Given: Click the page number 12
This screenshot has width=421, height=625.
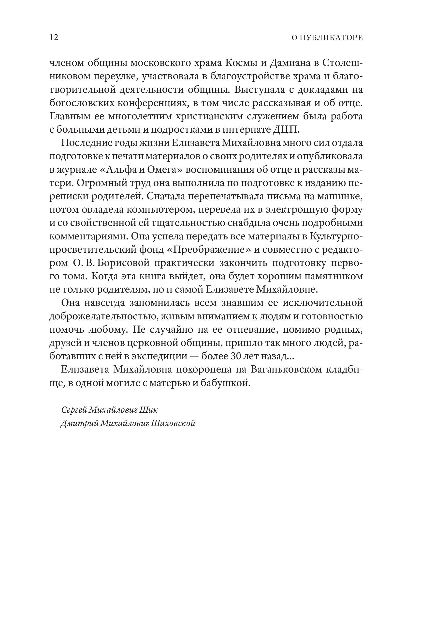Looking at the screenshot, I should pos(54,37).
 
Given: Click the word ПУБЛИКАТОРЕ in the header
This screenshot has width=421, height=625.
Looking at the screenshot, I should pos(331,38).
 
